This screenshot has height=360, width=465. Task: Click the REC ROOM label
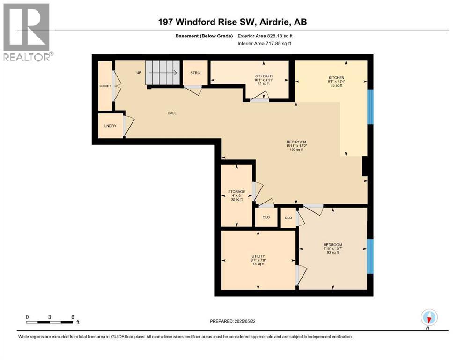296,142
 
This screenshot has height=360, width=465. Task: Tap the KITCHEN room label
336,78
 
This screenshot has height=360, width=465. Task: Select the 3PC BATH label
264,76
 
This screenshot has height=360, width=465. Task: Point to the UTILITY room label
258,255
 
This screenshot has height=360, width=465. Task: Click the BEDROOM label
332,245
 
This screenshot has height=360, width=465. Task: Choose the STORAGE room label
236,191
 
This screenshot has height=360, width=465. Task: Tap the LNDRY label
110,126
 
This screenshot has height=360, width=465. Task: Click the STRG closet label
195,73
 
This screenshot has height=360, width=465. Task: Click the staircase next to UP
162,73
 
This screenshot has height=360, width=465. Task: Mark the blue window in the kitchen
370,106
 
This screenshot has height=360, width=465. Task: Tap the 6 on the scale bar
73,317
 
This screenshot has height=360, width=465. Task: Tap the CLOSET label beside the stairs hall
104,86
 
